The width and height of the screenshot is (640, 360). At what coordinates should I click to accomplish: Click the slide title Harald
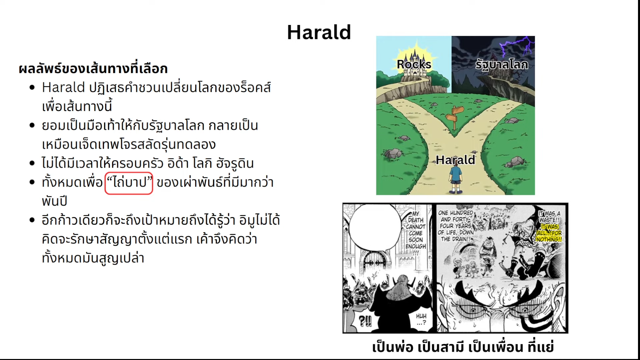319,32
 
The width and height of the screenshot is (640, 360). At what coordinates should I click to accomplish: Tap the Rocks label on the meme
414,64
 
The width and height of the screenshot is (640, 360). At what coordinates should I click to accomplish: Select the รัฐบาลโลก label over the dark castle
502,64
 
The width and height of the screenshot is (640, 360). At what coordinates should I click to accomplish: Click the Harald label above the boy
455,160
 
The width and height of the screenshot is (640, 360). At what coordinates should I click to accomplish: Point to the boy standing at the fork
455,179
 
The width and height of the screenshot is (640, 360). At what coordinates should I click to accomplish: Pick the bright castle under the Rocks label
415,67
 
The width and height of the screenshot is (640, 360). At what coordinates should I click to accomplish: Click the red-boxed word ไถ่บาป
129,183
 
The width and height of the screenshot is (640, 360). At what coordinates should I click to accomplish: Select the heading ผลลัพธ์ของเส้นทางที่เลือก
93,69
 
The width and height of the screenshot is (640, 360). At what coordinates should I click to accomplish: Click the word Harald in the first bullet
63,87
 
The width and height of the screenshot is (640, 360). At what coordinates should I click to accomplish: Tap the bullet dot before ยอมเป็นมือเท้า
32,126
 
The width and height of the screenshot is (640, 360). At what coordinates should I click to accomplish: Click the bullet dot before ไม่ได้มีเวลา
32,163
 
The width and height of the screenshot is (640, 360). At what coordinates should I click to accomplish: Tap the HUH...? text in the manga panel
421,319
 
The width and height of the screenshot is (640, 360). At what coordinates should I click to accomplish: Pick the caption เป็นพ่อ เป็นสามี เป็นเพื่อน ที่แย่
463,347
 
